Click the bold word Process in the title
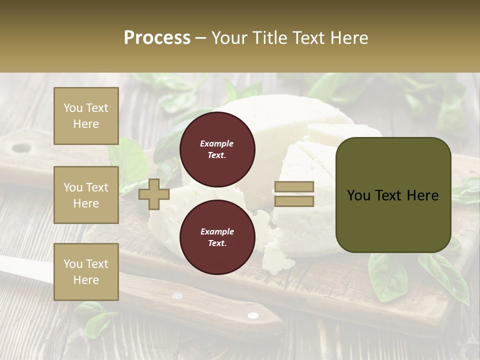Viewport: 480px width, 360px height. pyautogui.click(x=157, y=38)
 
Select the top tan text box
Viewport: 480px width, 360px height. pyautogui.click(x=86, y=116)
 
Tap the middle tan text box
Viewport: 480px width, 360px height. pyautogui.click(x=86, y=195)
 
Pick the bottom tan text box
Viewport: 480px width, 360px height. pyautogui.click(x=86, y=272)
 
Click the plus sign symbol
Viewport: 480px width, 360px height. pyautogui.click(x=153, y=194)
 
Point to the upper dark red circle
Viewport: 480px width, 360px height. pyautogui.click(x=217, y=149)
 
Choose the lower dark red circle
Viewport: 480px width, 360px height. pyautogui.click(x=217, y=237)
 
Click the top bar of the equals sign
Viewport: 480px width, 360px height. pyautogui.click(x=294, y=187)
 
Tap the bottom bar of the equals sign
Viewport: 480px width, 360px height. pyautogui.click(x=294, y=201)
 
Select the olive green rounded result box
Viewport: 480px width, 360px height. pyautogui.click(x=393, y=194)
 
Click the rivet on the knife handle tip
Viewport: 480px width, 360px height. pyautogui.click(x=253, y=315)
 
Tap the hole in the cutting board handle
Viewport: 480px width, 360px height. pyautogui.click(x=21, y=148)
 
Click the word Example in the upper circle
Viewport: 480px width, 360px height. pyautogui.click(x=217, y=144)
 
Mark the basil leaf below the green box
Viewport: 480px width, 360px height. pyautogui.click(x=387, y=277)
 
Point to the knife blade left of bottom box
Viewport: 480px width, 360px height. pyautogui.click(x=25, y=267)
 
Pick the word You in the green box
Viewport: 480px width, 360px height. pyautogui.click(x=358, y=195)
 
